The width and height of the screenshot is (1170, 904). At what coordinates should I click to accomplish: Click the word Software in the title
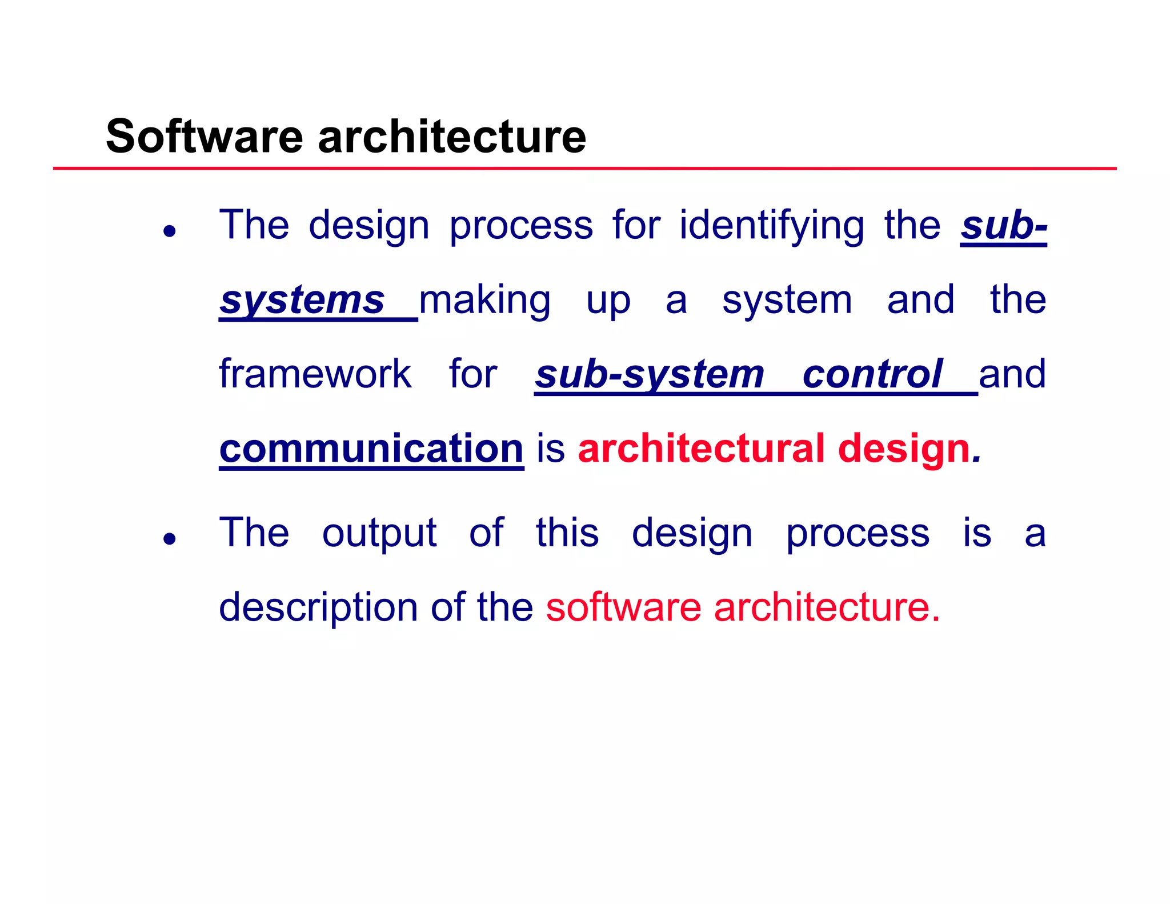pos(204,137)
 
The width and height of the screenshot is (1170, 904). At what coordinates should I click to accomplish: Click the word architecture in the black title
pos(452,137)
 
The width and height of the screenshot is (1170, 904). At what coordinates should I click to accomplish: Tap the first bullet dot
pos(169,231)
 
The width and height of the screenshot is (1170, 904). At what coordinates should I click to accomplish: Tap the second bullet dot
pos(169,538)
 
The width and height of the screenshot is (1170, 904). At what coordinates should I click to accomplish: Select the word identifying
pos(771,226)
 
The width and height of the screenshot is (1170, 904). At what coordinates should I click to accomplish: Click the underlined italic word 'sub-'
pos(1003,226)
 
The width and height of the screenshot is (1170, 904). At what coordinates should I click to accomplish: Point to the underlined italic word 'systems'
pos(303,300)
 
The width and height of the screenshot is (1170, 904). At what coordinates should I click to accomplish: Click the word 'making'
pos(485,300)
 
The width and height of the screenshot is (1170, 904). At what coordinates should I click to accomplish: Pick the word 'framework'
pos(315,374)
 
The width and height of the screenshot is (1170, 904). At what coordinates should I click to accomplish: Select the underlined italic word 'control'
pos(872,374)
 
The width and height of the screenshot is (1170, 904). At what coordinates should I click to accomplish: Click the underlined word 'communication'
pos(371,449)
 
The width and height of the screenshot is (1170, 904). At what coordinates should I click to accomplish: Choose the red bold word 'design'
pos(904,449)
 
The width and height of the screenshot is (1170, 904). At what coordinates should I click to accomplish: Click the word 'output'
pos(379,533)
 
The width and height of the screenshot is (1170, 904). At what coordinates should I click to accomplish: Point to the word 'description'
pos(318,607)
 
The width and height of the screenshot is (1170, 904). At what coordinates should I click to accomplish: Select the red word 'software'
pos(623,607)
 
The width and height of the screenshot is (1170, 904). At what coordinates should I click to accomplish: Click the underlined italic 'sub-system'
pos(650,374)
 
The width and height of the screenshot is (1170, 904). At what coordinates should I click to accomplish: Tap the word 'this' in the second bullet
pos(567,533)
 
